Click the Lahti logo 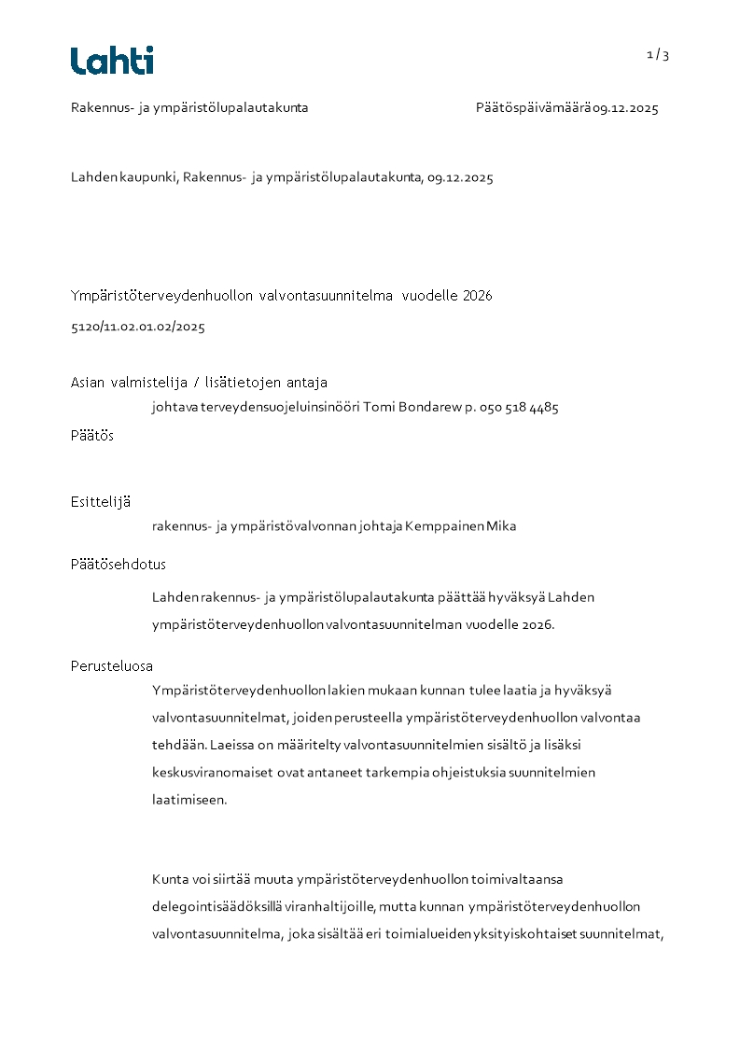112,61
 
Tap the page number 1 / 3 658,55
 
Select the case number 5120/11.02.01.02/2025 138,328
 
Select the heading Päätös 92,435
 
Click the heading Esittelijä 101,502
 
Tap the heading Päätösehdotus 119,565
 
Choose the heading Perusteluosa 112,666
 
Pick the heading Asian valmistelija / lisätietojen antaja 199,383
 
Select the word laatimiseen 189,800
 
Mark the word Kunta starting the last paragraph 170,879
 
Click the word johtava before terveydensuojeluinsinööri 176,408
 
